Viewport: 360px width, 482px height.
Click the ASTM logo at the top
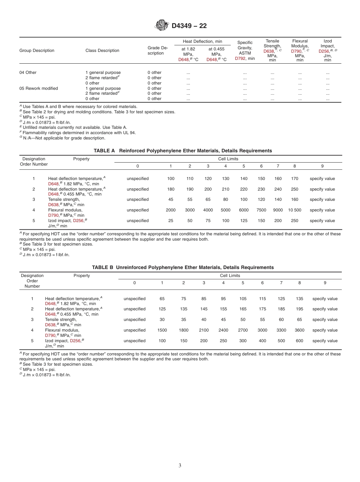coord(161,26)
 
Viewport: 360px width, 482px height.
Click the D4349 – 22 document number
coord(189,26)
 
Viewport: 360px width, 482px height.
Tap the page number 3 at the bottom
coord(180,465)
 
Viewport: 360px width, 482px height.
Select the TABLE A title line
coord(183,150)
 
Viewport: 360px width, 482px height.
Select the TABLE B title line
coord(183,267)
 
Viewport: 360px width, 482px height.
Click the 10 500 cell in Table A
coord(294,210)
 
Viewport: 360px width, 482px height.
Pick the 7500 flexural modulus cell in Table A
coord(261,210)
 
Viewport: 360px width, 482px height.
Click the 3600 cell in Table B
coord(299,330)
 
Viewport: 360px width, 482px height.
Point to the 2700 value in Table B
coord(243,330)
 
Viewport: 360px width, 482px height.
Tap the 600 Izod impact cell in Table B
coord(299,341)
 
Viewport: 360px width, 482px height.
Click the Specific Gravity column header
coord(245,48)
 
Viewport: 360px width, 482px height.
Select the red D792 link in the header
coord(240,58)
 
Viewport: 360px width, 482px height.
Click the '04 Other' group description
coord(28,72)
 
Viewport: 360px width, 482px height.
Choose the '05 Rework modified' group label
coord(39,88)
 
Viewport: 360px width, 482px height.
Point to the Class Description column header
coord(102,50)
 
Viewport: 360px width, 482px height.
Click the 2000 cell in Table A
coord(171,210)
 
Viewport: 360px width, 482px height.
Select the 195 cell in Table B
coord(299,309)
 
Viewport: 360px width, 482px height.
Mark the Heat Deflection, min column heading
coord(202,41)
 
